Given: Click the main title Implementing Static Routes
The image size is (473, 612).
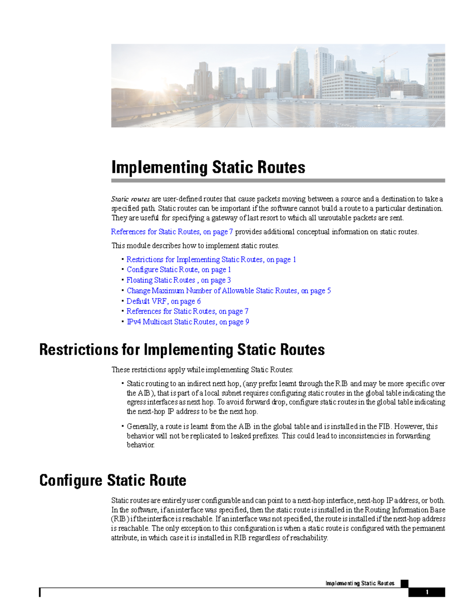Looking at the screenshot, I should (208, 167).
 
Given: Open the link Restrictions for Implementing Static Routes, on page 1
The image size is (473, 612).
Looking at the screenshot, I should (211, 259).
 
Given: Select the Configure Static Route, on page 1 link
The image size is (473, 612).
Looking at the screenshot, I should (179, 270).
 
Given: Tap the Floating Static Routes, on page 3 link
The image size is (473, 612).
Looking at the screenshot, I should (179, 280).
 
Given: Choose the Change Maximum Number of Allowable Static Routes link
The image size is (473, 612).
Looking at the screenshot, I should (229, 291).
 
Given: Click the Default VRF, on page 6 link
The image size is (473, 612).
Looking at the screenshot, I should (163, 301).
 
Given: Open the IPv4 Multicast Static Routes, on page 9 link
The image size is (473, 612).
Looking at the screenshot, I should (188, 322).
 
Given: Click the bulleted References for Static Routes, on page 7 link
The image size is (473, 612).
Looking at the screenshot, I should (187, 311).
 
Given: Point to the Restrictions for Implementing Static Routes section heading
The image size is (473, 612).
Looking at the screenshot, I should (182, 350).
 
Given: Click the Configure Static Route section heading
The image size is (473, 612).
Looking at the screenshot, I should (113, 480).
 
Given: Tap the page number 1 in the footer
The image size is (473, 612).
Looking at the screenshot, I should (426, 592).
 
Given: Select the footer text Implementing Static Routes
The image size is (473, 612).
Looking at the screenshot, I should (359, 583).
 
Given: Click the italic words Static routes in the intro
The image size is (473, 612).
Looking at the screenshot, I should (130, 199).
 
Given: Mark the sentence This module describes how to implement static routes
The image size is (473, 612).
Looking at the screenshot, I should (195, 246).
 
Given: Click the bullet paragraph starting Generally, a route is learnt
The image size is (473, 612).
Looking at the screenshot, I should (282, 435).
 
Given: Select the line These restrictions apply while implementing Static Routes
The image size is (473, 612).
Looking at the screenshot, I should (202, 370).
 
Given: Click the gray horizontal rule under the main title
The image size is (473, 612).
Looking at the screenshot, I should (278, 180).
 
